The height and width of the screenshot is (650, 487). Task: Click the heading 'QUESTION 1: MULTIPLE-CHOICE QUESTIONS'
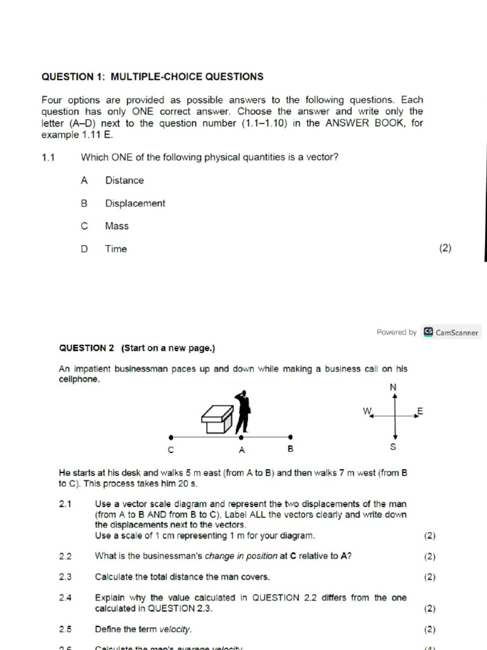[x=152, y=77]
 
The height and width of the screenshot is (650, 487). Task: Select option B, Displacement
[x=134, y=203]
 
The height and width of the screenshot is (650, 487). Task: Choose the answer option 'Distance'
[x=124, y=180]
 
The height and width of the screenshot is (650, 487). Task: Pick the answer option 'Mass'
[x=117, y=226]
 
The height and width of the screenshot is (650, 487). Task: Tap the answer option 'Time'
[x=116, y=249]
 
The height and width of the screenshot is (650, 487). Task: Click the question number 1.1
[x=49, y=157]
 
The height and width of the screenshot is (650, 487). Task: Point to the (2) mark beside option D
[x=445, y=249]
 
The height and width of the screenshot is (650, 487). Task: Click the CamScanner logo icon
[x=429, y=332]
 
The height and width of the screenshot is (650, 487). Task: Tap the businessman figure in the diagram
[x=242, y=410]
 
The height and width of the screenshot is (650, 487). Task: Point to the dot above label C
[x=171, y=437]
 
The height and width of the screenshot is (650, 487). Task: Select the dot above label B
[x=290, y=437]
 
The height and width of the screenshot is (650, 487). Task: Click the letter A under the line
[x=242, y=450]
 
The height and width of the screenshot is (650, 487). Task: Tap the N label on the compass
[x=393, y=387]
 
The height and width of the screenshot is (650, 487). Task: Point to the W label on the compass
[x=367, y=411]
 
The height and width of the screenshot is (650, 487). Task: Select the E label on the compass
[x=419, y=411]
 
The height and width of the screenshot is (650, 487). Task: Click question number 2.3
[x=65, y=577]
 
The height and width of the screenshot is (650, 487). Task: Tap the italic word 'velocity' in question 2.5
[x=174, y=630]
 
